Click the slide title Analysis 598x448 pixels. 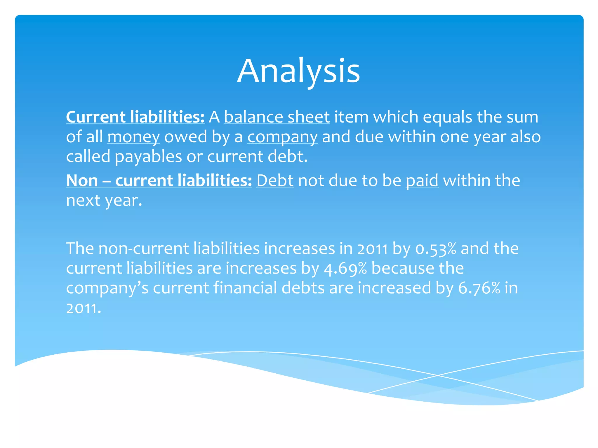point(298,71)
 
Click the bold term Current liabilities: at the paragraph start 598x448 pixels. point(135,117)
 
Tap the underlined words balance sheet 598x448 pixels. point(277,117)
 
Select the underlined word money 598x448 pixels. point(133,137)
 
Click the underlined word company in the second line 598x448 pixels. point(282,137)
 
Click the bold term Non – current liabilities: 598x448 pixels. point(159,181)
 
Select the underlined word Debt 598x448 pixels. point(275,181)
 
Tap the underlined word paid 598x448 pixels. point(422,181)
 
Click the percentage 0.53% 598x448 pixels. point(436,249)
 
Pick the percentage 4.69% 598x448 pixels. point(345,269)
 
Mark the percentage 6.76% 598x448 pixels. point(479,288)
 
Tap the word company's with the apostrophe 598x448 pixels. point(107,288)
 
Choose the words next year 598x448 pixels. point(104,200)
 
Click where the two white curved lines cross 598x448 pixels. point(437,375)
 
